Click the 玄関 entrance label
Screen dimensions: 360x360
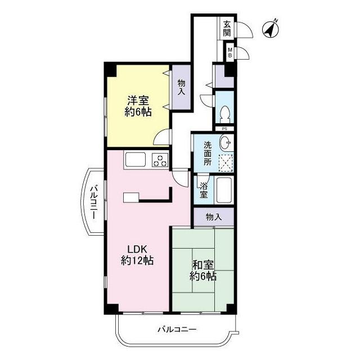click(227, 29)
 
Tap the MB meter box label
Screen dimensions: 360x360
click(230, 52)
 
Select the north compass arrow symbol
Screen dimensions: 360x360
click(270, 29)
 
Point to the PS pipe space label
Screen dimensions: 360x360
click(225, 129)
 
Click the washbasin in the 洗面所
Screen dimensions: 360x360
click(225, 142)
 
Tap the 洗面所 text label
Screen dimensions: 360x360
click(208, 154)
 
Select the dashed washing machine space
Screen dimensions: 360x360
click(226, 163)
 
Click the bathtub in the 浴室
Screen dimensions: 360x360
click(224, 190)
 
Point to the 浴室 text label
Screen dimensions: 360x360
click(204, 190)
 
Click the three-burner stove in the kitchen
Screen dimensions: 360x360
click(160, 160)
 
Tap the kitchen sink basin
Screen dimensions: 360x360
click(136, 159)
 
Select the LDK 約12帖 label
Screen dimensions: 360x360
click(137, 255)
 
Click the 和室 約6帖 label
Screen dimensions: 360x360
click(203, 271)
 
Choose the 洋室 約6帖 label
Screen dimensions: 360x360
click(138, 106)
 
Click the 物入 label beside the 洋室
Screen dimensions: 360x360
click(181, 88)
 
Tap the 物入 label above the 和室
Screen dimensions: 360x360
click(214, 217)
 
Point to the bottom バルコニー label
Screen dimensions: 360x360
click(177, 330)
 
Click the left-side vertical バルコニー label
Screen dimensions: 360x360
click(93, 202)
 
